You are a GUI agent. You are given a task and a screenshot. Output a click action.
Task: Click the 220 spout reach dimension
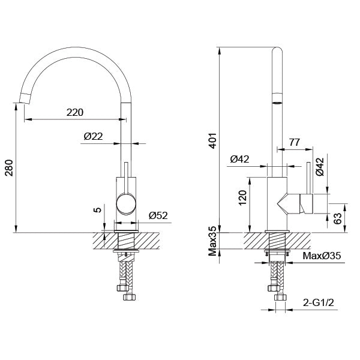click(75, 112)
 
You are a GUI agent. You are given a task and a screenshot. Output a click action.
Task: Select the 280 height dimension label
click(10, 167)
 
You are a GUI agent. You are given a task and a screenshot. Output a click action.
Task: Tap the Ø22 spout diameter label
click(93, 136)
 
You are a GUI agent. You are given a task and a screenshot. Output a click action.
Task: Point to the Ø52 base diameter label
click(158, 215)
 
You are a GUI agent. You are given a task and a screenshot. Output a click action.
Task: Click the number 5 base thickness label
click(98, 210)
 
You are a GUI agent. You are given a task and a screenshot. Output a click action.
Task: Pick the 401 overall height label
click(212, 140)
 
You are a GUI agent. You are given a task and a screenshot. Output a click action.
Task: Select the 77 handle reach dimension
click(295, 142)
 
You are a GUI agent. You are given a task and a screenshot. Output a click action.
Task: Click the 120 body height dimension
click(242, 198)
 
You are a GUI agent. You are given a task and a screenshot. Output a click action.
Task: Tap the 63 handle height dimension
click(337, 218)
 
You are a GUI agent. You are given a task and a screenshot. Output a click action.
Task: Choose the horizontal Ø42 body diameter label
click(239, 159)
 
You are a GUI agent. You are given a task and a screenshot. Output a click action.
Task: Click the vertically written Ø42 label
click(320, 167)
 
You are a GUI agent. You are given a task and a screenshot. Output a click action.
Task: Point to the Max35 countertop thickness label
click(212, 241)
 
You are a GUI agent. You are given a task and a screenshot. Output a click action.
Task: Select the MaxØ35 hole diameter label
click(322, 256)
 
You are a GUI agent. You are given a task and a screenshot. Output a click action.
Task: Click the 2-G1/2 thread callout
click(319, 303)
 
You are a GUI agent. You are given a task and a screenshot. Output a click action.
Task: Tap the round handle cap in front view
click(126, 204)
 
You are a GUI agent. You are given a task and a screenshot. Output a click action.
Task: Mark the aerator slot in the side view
click(277, 103)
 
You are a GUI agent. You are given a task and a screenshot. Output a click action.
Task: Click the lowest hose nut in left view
click(130, 297)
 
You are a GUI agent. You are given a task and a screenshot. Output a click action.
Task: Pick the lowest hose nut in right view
click(280, 298)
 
